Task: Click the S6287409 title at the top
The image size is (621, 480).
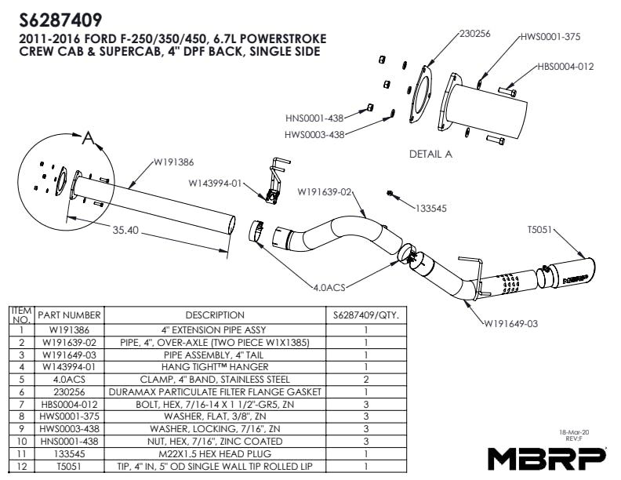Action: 59,18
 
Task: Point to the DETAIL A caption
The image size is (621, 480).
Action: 430,154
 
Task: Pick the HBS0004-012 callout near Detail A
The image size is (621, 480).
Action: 565,67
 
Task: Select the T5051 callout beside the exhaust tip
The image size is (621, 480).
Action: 540,230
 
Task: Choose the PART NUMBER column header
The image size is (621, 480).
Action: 69,315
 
